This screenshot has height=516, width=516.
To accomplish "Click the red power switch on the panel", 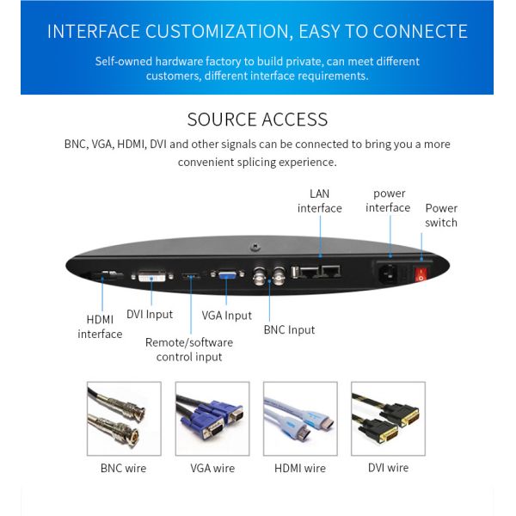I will coord(421,275).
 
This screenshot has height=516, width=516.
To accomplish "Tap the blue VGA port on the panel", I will coord(228,276).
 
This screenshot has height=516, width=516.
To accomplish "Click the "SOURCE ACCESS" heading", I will coord(257,120).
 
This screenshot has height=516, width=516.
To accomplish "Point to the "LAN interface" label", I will coord(320,200).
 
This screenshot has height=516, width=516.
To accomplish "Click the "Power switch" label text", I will coord(441,215).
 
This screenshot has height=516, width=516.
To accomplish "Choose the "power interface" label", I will coord(389,200).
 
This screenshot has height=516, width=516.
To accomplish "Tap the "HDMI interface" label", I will coord(100,326).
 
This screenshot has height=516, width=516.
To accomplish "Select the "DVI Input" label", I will coord(150,314).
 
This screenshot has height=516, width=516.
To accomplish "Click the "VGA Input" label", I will coord(227,315).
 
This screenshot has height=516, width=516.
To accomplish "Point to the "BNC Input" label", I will coord(289,329).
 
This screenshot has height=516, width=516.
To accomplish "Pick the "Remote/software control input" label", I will coord(188,349).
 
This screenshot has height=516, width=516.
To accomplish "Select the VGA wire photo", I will coord(212,418).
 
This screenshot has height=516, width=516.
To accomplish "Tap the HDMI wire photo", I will coord(300,418).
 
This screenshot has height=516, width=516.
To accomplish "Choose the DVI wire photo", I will coord(388,418).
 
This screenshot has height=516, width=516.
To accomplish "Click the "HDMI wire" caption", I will coord(300,469).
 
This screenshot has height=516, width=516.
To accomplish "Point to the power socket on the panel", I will coord(389,275).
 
